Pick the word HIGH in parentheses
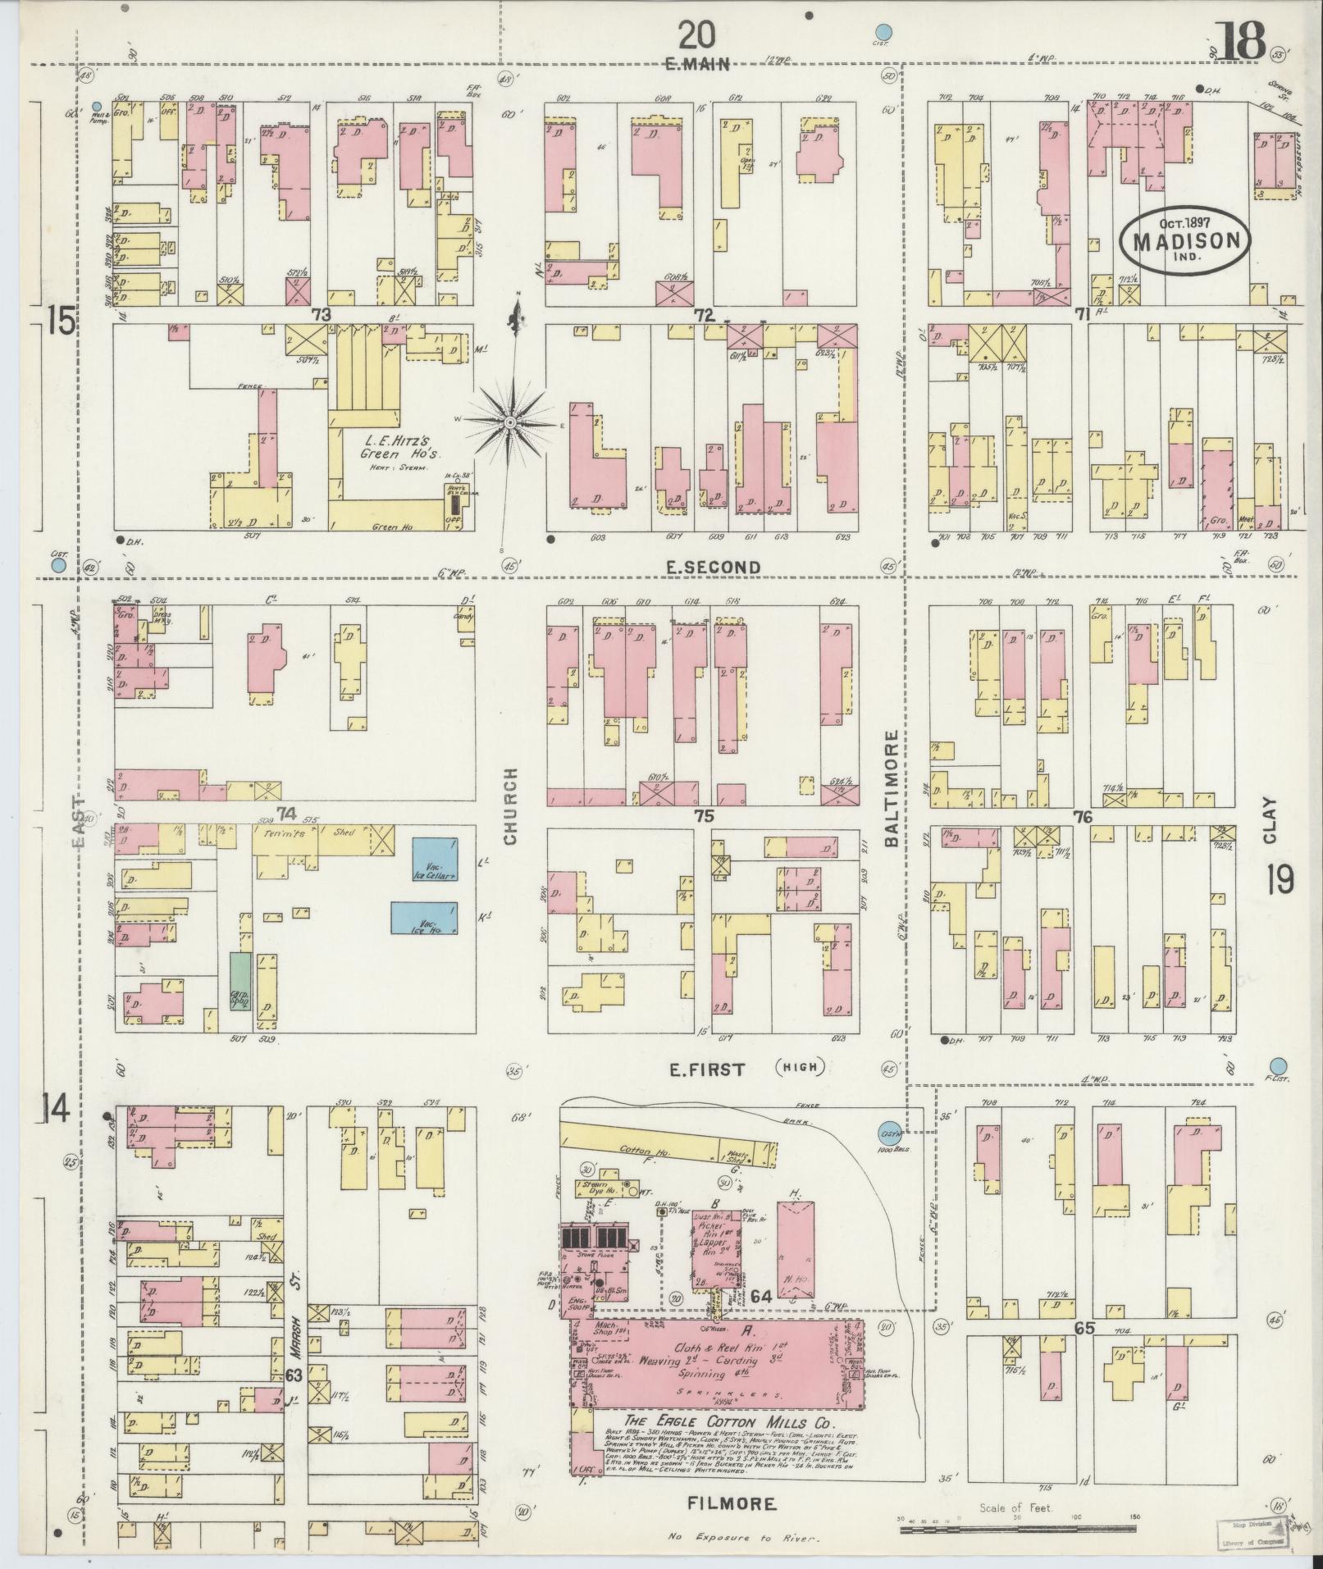(x=800, y=1067)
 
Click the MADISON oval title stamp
(x=1186, y=238)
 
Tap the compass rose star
(x=510, y=422)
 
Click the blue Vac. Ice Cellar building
(x=435, y=860)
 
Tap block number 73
(x=321, y=315)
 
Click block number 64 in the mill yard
(x=760, y=1274)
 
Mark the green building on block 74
(x=240, y=980)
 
